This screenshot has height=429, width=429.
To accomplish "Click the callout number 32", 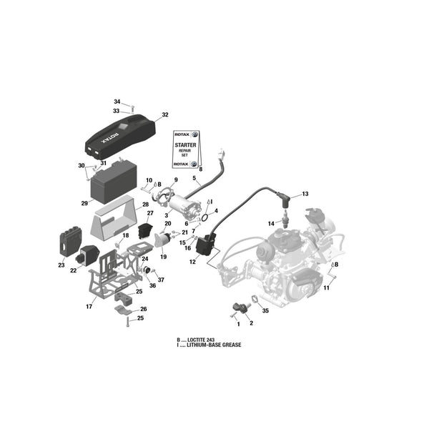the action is coord(165,114).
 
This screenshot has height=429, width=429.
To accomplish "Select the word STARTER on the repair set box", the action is coord(185,145).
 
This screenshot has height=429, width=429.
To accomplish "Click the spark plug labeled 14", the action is coord(285,220).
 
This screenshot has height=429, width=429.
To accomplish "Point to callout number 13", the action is coord(305,194).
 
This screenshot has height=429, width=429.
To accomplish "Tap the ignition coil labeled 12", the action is coord(207,245).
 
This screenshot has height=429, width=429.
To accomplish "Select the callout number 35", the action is coord(265,310).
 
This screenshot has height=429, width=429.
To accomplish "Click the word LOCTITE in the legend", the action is coord(197,340).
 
